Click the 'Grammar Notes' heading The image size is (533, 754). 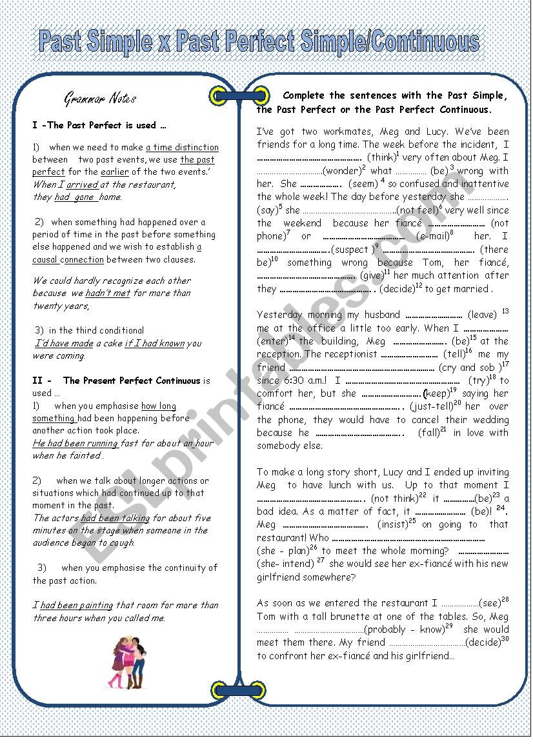tap(100, 99)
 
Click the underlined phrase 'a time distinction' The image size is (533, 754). tap(182, 147)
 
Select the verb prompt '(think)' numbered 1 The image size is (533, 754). tap(382, 157)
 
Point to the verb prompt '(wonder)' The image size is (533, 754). tap(342, 171)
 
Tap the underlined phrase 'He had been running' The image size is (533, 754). tap(75, 443)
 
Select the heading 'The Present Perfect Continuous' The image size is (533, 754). tap(132, 381)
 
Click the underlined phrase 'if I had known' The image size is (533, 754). tap(155, 343)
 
